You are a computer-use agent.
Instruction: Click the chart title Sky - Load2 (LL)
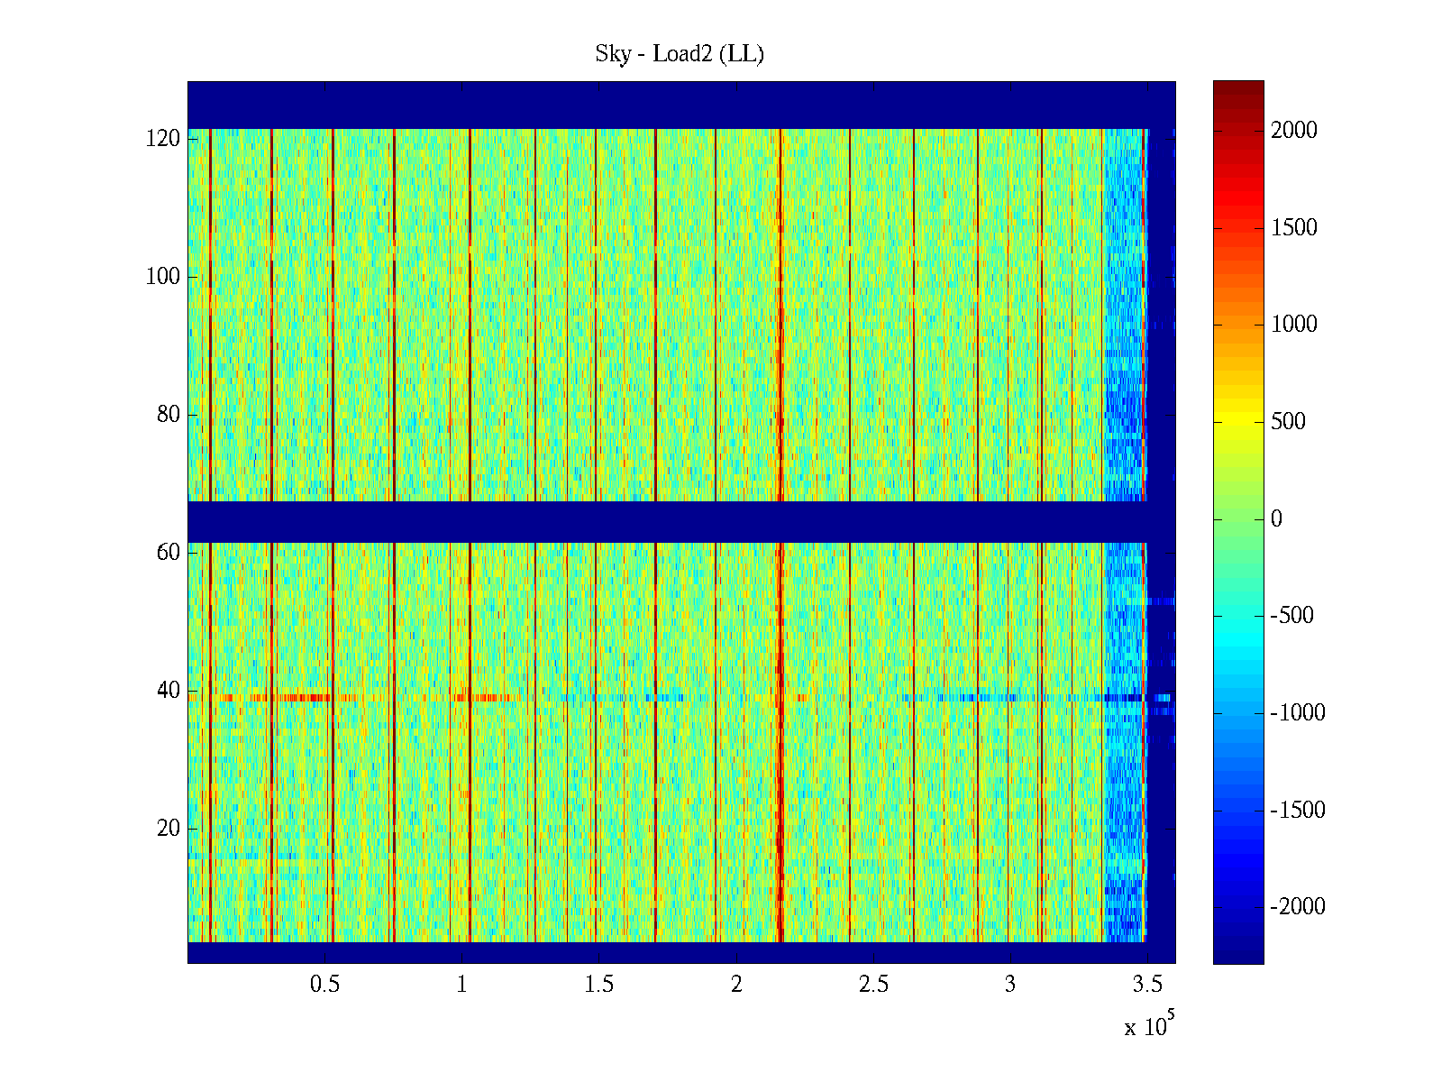pos(680,54)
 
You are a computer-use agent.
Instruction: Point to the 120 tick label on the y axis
pos(163,139)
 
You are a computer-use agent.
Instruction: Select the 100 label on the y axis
pos(163,277)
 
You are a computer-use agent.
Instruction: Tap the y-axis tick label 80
pos(169,415)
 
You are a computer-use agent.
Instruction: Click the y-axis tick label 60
pos(169,553)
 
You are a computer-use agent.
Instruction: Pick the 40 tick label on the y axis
pos(169,691)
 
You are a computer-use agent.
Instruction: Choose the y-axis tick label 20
pos(169,829)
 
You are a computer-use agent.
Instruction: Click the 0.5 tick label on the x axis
pos(324,985)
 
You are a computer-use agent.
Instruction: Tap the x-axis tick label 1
pos(461,985)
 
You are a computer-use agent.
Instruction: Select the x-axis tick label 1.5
pos(598,985)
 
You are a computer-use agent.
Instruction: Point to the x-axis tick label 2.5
pos(873,985)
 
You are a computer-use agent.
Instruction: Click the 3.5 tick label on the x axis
pos(1147,985)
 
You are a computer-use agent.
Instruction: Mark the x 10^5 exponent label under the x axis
pos(1149,1025)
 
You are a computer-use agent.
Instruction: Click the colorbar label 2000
pos(1293,131)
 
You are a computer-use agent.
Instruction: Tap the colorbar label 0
pos(1276,519)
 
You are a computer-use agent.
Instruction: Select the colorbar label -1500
pos(1297,811)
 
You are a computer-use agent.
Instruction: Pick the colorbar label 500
pos(1288,422)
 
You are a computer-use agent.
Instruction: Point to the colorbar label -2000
pos(1297,907)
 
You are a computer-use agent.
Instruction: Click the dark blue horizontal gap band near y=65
pos(631,521)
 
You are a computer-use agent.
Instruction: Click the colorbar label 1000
pos(1293,325)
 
